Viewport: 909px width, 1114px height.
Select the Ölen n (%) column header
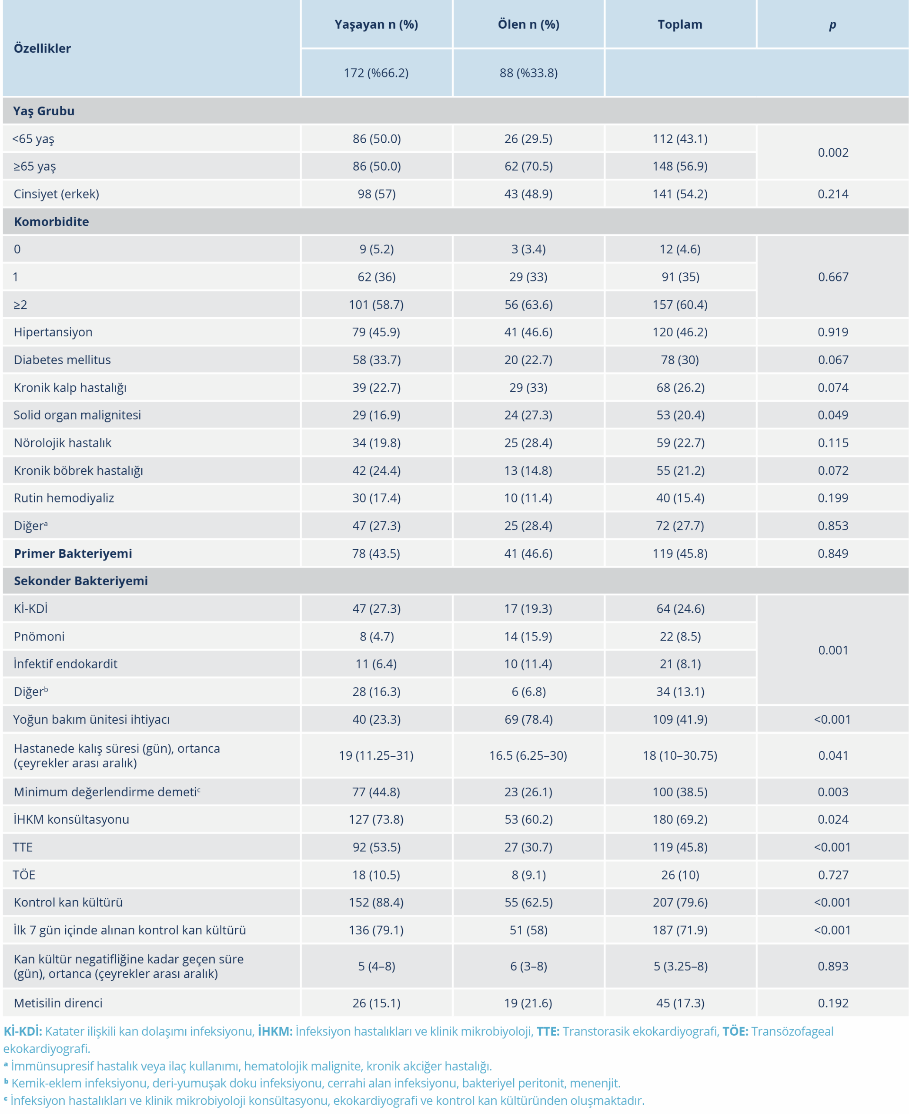(x=528, y=25)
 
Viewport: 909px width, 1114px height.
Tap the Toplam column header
(x=680, y=25)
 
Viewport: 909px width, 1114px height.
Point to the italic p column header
(x=832, y=25)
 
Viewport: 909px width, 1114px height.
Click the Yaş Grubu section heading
(x=44, y=111)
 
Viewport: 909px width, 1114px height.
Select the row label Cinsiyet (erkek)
(x=56, y=195)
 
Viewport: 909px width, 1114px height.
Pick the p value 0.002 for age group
(x=832, y=153)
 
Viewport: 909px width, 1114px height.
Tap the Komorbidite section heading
(x=51, y=222)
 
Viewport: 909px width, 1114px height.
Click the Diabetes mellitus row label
(x=62, y=360)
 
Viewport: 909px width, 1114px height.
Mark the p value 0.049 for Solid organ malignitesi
(x=832, y=415)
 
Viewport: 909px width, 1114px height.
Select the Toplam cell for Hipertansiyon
(x=680, y=332)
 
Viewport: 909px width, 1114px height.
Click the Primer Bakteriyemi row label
(x=73, y=554)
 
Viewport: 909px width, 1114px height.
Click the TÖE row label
(x=24, y=875)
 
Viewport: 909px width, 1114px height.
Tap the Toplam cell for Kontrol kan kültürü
(x=680, y=903)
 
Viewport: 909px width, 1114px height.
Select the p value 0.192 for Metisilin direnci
(x=832, y=1003)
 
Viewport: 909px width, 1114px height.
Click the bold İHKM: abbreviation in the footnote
(x=275, y=1031)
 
